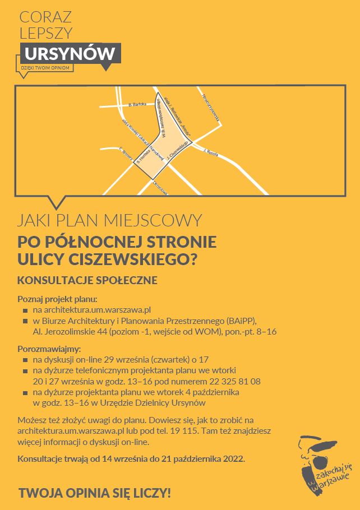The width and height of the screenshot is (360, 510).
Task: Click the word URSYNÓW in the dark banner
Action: click(70, 54)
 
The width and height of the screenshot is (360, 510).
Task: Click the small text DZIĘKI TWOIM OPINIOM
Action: click(45, 68)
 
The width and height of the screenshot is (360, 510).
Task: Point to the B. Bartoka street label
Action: click(137, 104)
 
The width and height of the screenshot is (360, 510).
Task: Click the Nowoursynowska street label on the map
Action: click(211, 107)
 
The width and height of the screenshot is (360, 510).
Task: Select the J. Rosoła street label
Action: click(211, 152)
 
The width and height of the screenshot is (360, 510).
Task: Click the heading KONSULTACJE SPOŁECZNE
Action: click(87, 279)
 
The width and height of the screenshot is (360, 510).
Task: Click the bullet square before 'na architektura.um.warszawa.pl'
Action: click(25, 310)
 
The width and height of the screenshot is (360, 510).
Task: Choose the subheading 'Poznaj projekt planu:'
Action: click(58, 298)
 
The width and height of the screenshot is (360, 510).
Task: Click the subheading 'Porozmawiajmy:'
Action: click(49, 348)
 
